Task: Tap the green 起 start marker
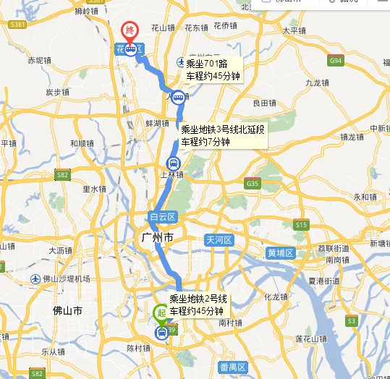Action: pos(161,312)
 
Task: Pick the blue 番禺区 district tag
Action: pos(233,367)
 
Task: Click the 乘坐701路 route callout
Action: pos(211,69)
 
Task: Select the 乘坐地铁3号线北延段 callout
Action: pos(223,136)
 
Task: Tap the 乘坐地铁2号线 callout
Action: pos(199,305)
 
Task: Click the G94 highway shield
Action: pos(335,61)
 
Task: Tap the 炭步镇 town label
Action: pos(56,92)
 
